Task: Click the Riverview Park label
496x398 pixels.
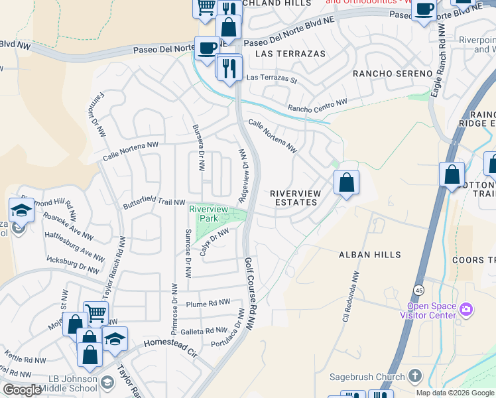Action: click(x=209, y=214)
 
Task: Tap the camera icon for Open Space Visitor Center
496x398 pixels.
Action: click(x=465, y=310)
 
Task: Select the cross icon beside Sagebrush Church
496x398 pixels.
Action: click(x=414, y=377)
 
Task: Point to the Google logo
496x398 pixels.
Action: click(x=22, y=390)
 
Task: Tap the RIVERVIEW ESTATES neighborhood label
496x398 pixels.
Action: click(x=296, y=198)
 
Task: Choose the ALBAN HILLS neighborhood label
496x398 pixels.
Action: click(x=370, y=255)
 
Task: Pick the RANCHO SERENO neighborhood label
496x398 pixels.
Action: click(x=393, y=73)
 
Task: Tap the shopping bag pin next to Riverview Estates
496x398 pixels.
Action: click(x=346, y=182)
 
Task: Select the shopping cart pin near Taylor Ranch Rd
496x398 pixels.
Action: click(x=95, y=312)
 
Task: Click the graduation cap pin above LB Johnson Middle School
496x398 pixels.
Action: click(x=115, y=339)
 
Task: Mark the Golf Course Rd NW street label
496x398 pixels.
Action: click(x=250, y=291)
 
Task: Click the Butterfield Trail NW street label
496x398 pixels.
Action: click(x=154, y=204)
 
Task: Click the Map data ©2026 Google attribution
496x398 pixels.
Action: click(x=454, y=393)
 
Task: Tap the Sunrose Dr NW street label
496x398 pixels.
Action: click(x=188, y=253)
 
